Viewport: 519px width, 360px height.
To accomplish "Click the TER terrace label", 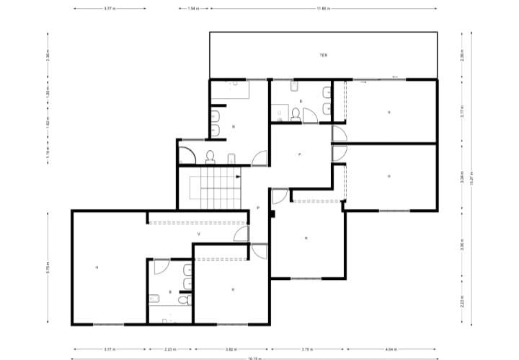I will (324, 55).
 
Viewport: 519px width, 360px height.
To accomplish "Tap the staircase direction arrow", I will (239, 175).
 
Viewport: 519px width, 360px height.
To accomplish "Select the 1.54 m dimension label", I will (192, 9).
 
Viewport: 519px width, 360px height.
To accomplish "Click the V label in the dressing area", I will (198, 234).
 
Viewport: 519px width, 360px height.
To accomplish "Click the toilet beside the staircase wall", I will (210, 157).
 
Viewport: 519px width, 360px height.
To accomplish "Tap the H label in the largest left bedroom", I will (97, 268).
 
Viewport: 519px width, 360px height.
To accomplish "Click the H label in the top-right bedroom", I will (389, 112).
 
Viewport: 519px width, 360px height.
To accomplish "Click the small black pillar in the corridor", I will (272, 213).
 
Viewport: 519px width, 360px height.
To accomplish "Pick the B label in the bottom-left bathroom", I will (170, 291).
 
